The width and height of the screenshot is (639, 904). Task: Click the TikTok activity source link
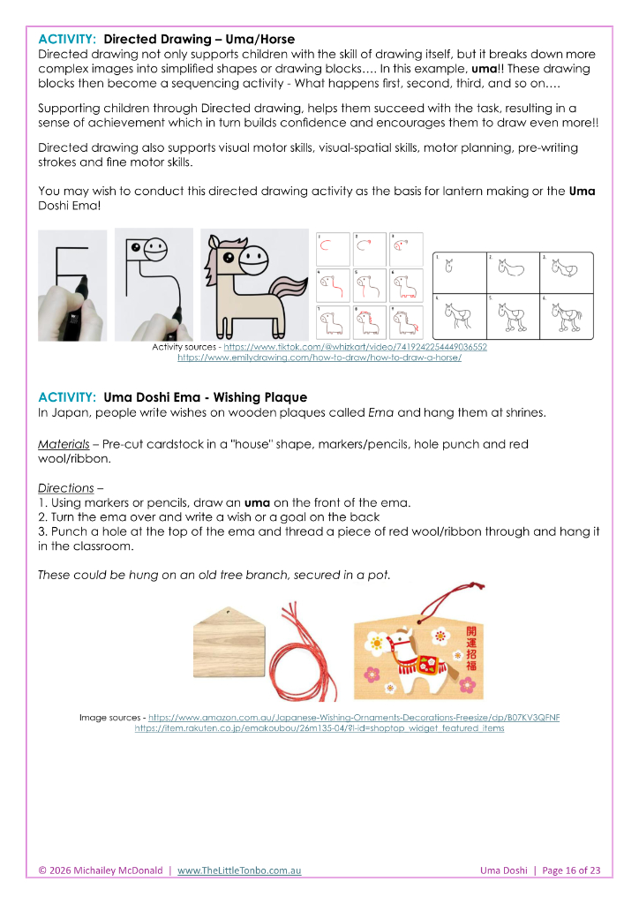click(355, 347)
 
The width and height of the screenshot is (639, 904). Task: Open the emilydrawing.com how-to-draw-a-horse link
click(319, 358)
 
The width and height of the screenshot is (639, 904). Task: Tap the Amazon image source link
click(354, 717)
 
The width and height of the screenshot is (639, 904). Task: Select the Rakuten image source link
click(319, 728)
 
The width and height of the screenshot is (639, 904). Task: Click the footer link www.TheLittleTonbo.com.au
click(239, 870)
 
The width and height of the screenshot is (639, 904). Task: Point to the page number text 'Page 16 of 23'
click(571, 870)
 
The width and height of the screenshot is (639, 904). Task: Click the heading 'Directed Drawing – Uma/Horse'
click(199, 39)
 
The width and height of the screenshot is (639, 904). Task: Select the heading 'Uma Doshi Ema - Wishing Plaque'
click(205, 397)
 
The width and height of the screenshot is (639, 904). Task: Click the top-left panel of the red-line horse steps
click(334, 250)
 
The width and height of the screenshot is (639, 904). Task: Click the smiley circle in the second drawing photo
click(155, 248)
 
